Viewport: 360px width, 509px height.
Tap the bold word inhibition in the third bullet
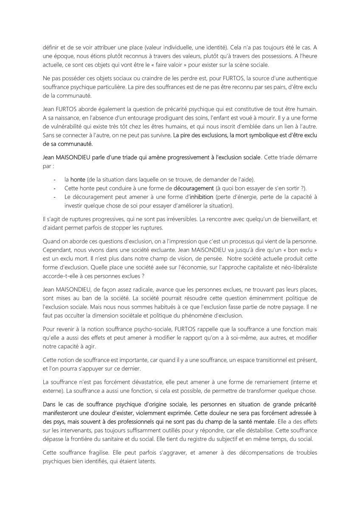point(202,197)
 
